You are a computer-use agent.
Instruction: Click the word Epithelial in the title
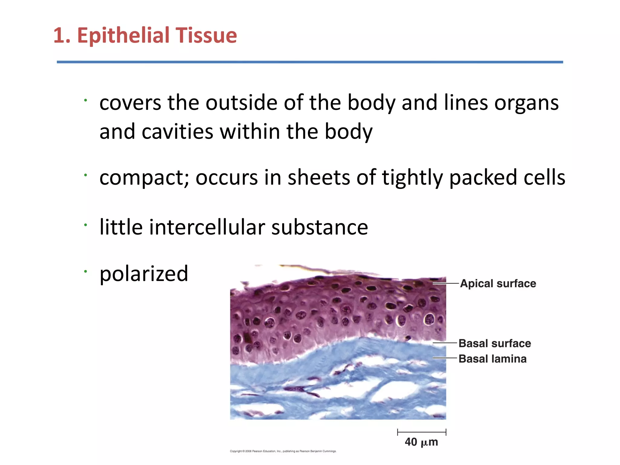(123, 35)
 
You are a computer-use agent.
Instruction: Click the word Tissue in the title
(206, 35)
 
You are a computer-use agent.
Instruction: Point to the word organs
(526, 103)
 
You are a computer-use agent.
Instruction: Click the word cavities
(177, 132)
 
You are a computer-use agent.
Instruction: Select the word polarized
(144, 274)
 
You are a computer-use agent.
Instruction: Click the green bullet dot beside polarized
(86, 271)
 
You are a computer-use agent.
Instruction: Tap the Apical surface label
(498, 284)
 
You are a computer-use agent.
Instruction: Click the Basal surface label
(495, 344)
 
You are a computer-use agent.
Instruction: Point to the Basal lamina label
(493, 359)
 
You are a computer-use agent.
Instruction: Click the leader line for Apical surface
(446, 283)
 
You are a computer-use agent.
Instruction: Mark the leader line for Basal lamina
(444, 358)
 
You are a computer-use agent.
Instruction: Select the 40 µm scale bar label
(421, 442)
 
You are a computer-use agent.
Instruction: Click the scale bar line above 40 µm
(421, 432)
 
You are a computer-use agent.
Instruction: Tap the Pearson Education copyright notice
(283, 451)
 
